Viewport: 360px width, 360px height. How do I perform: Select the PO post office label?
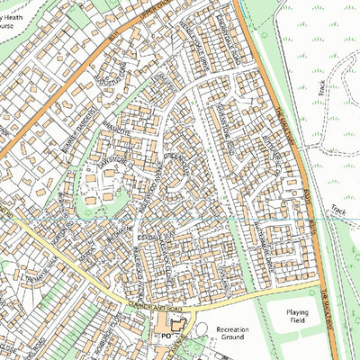point(166,335)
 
